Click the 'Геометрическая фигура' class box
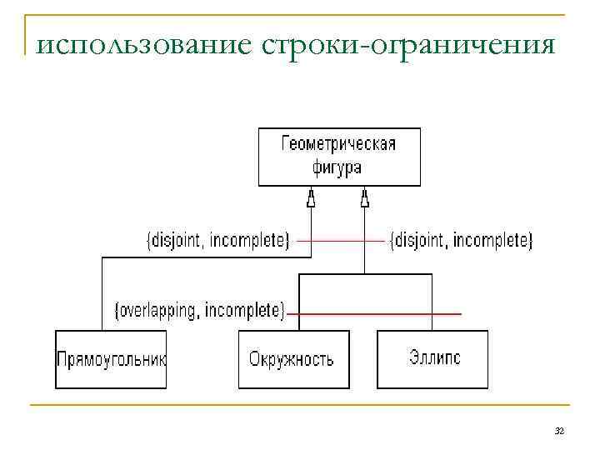click(x=340, y=156)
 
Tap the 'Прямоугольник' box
click(x=111, y=359)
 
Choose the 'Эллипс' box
click(x=432, y=359)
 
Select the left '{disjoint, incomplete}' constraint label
click(x=218, y=241)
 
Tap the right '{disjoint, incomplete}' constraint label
click(x=461, y=241)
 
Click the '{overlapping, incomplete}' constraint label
click(x=199, y=311)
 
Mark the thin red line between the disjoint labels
click(x=342, y=241)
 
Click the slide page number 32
click(x=559, y=430)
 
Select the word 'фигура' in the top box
click(x=337, y=167)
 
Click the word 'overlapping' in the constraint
click(x=158, y=311)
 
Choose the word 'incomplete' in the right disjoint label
click(x=493, y=241)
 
